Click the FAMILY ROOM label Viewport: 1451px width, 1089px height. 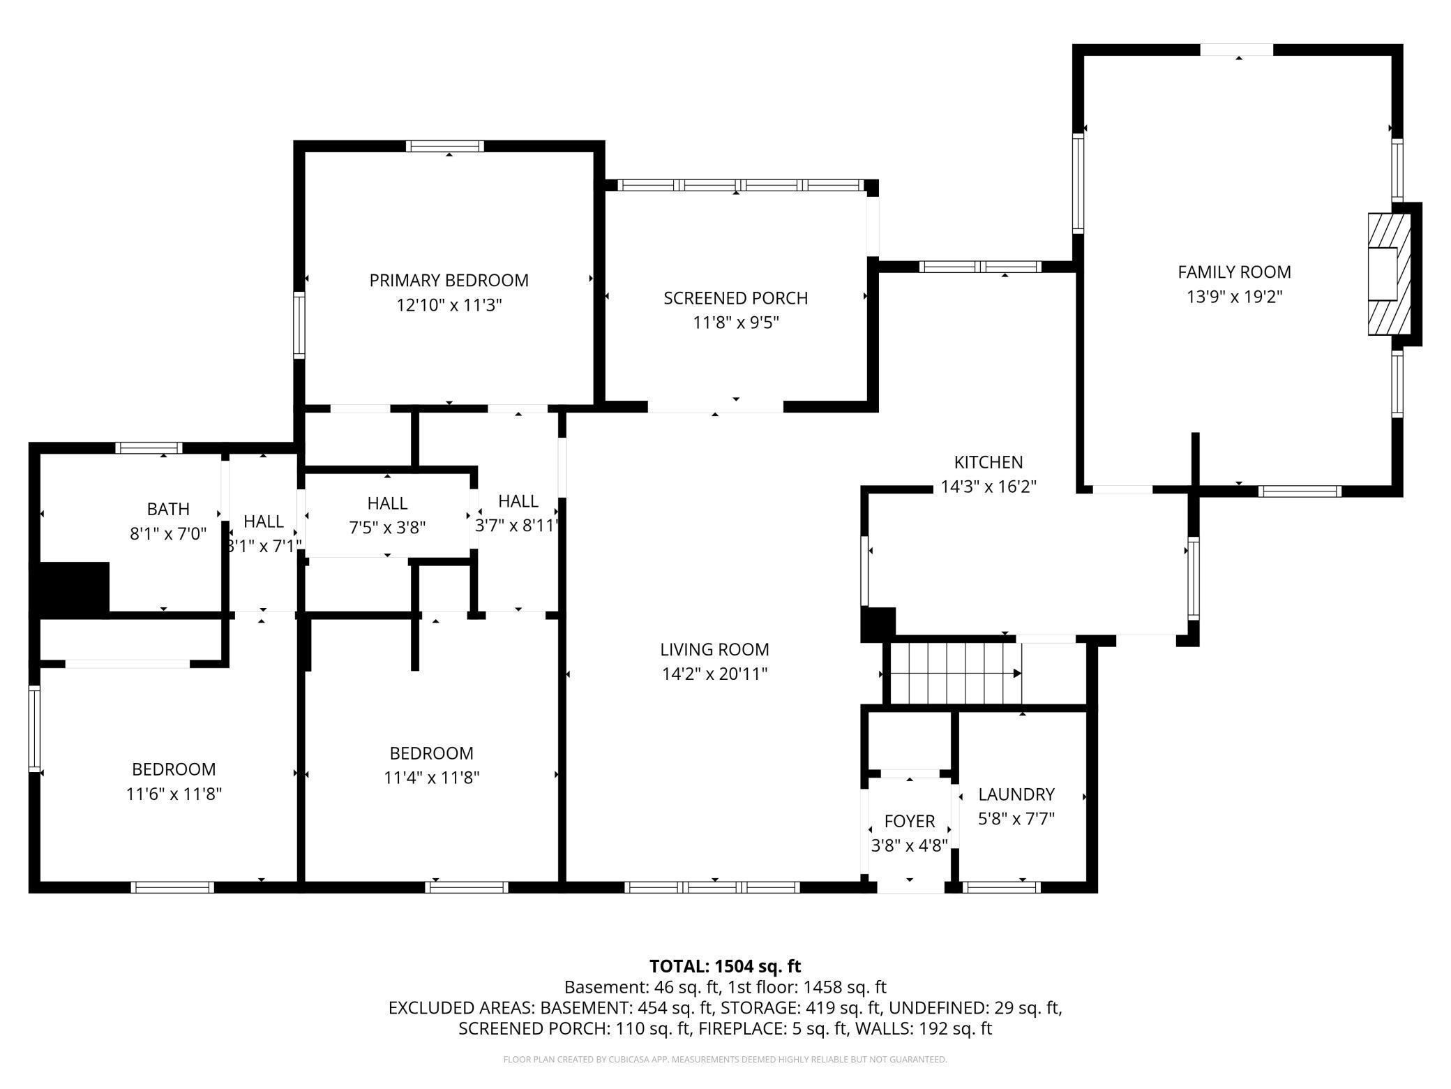tap(1234, 272)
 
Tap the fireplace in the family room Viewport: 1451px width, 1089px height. tap(1390, 274)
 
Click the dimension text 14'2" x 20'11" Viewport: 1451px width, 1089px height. tap(714, 674)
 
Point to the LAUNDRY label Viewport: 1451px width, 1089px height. tap(1016, 794)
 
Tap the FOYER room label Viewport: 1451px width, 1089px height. tap(909, 821)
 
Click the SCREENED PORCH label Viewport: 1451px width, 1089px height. tap(735, 298)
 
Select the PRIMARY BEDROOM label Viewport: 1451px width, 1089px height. tap(449, 280)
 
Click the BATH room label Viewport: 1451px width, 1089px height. tap(168, 509)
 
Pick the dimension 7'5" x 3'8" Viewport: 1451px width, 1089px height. tap(387, 527)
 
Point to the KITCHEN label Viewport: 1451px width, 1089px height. tap(988, 462)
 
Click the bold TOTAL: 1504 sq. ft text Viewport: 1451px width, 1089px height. tap(725, 966)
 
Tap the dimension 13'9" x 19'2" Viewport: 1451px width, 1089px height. tap(1234, 297)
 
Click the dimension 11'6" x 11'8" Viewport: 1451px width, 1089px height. tap(174, 794)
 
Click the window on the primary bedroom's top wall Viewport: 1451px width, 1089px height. tap(445, 146)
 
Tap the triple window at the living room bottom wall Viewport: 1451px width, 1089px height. tap(712, 887)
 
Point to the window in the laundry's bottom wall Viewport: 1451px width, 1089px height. tap(1002, 887)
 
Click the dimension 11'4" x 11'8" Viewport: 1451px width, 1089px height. tap(432, 778)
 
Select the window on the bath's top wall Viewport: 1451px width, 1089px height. tap(149, 448)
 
